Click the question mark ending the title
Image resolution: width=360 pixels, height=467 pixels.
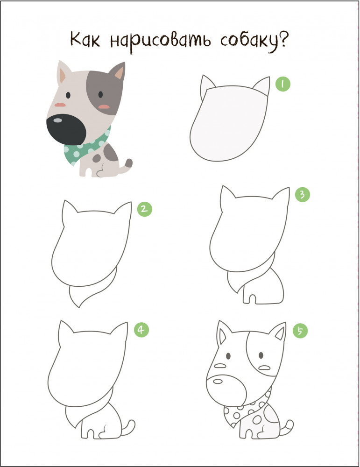(x=284, y=39)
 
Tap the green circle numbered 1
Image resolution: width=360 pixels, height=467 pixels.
(x=282, y=84)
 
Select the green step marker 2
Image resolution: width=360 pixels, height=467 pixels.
(x=144, y=209)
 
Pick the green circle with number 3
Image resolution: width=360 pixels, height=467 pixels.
(x=302, y=194)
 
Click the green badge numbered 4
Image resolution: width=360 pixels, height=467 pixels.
(x=141, y=330)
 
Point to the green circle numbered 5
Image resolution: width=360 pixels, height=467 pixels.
(x=300, y=331)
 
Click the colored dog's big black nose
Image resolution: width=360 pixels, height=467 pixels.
(x=66, y=129)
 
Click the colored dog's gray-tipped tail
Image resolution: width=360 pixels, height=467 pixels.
(x=127, y=166)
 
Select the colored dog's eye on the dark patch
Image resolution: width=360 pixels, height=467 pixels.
(x=100, y=94)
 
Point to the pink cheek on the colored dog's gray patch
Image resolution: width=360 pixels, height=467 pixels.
(x=104, y=106)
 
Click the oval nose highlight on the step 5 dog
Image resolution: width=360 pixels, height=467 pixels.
(x=218, y=381)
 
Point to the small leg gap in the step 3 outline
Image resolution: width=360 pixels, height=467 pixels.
(x=252, y=299)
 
